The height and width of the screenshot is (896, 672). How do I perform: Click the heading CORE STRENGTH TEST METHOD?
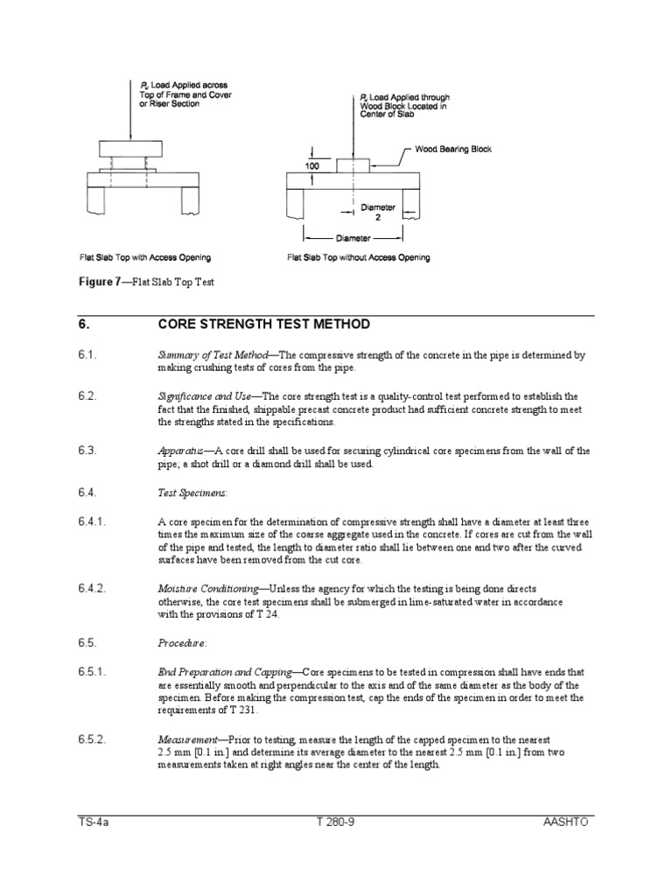[x=263, y=325]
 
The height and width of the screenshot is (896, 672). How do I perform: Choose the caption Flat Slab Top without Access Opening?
[x=358, y=258]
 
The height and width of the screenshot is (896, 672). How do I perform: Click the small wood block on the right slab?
[x=353, y=164]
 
